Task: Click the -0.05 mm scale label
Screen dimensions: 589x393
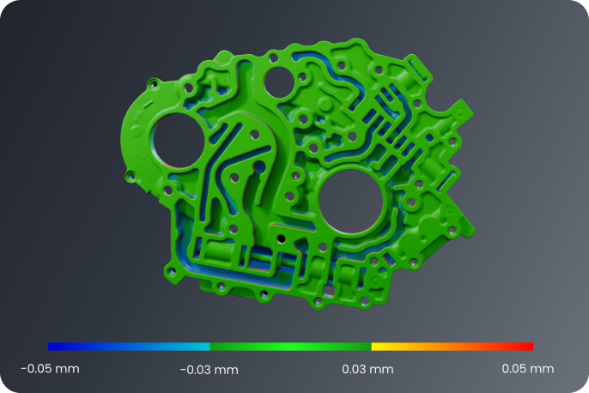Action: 50,369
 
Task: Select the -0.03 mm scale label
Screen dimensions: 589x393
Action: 209,370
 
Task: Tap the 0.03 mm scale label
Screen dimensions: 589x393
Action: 367,369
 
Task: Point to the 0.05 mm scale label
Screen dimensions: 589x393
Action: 528,369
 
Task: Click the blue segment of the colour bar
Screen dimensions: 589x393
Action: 129,347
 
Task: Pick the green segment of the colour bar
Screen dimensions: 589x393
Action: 291,347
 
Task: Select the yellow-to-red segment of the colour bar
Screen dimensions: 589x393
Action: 452,347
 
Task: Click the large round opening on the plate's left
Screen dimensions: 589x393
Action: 178,141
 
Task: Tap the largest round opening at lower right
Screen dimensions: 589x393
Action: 351,202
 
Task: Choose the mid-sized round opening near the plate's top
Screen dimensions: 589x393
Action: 280,83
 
